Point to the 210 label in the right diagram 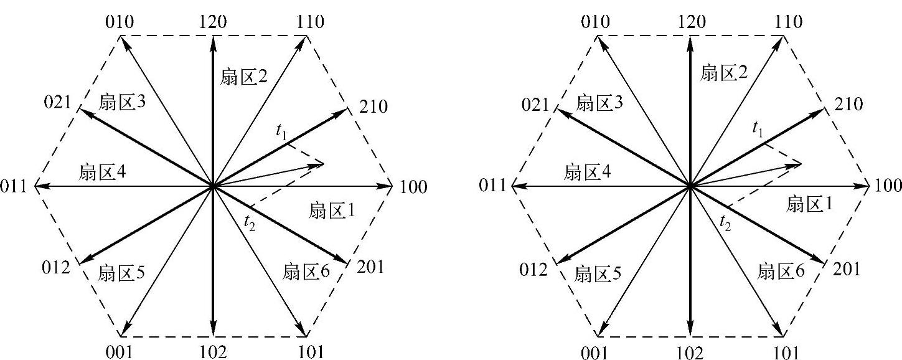848,104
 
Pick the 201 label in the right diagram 845,269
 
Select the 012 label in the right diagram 533,269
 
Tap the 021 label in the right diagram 535,105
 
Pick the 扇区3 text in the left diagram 122,102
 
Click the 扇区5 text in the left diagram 122,272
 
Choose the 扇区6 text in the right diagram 782,271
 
